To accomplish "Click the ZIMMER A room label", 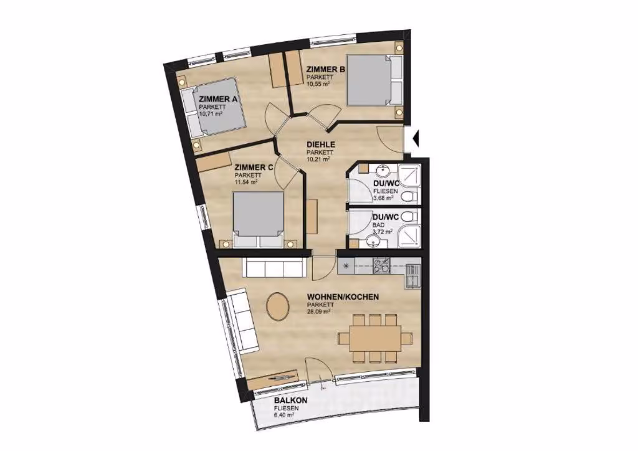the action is (x=217, y=99).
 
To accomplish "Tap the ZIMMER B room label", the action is (x=326, y=70).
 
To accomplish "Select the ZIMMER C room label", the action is (x=254, y=167).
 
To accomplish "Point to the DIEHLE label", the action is (x=321, y=145).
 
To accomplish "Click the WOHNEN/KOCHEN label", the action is (x=343, y=297).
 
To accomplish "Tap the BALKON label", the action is (x=290, y=401).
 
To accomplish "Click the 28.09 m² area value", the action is (x=318, y=311).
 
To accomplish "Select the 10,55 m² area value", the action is (x=318, y=83).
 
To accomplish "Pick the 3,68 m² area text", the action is (x=383, y=198).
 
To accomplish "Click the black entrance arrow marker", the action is (x=415, y=138).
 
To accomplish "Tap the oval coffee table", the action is (x=277, y=306).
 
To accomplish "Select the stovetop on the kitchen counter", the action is (x=382, y=266).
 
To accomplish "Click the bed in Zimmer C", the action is (x=257, y=220).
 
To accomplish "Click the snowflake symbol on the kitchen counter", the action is (x=346, y=267).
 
